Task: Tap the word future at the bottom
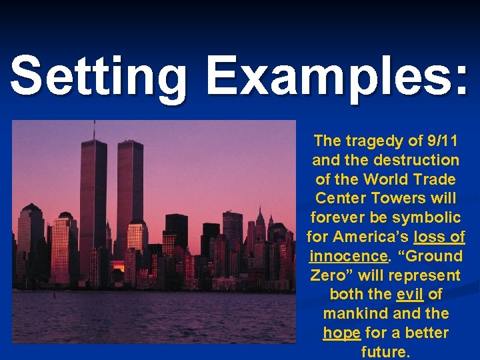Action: [385, 351]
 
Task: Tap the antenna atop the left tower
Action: [94, 130]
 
